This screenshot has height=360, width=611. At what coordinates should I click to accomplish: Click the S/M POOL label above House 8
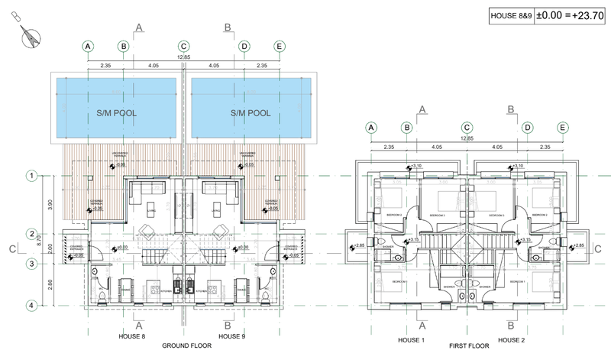pos(115,113)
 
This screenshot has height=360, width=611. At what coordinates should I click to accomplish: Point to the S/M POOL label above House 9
pos(251,113)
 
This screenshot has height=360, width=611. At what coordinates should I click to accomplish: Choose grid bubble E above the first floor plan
pos(563,128)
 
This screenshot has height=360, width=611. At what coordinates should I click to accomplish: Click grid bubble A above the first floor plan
pos(372,128)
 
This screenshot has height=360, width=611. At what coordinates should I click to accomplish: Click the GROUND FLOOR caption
pos(186,346)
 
